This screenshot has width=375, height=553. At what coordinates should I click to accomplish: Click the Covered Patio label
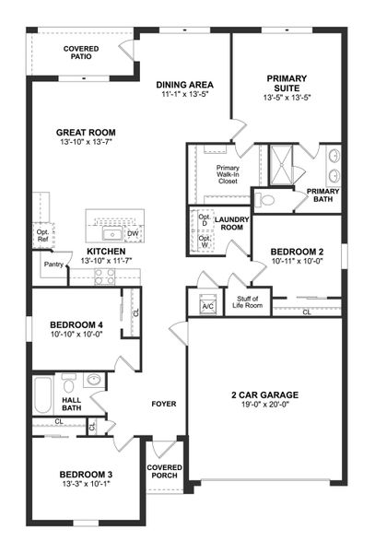(x=82, y=52)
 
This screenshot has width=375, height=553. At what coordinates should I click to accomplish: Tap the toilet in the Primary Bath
(x=264, y=199)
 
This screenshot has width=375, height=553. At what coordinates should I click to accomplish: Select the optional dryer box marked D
(x=204, y=221)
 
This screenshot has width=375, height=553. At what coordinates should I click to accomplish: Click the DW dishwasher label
(x=133, y=233)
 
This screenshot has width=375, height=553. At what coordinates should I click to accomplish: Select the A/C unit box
(x=207, y=305)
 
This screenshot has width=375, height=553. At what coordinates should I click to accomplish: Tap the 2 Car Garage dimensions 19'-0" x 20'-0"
(x=264, y=405)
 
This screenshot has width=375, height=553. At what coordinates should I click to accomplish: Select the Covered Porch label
(x=165, y=472)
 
